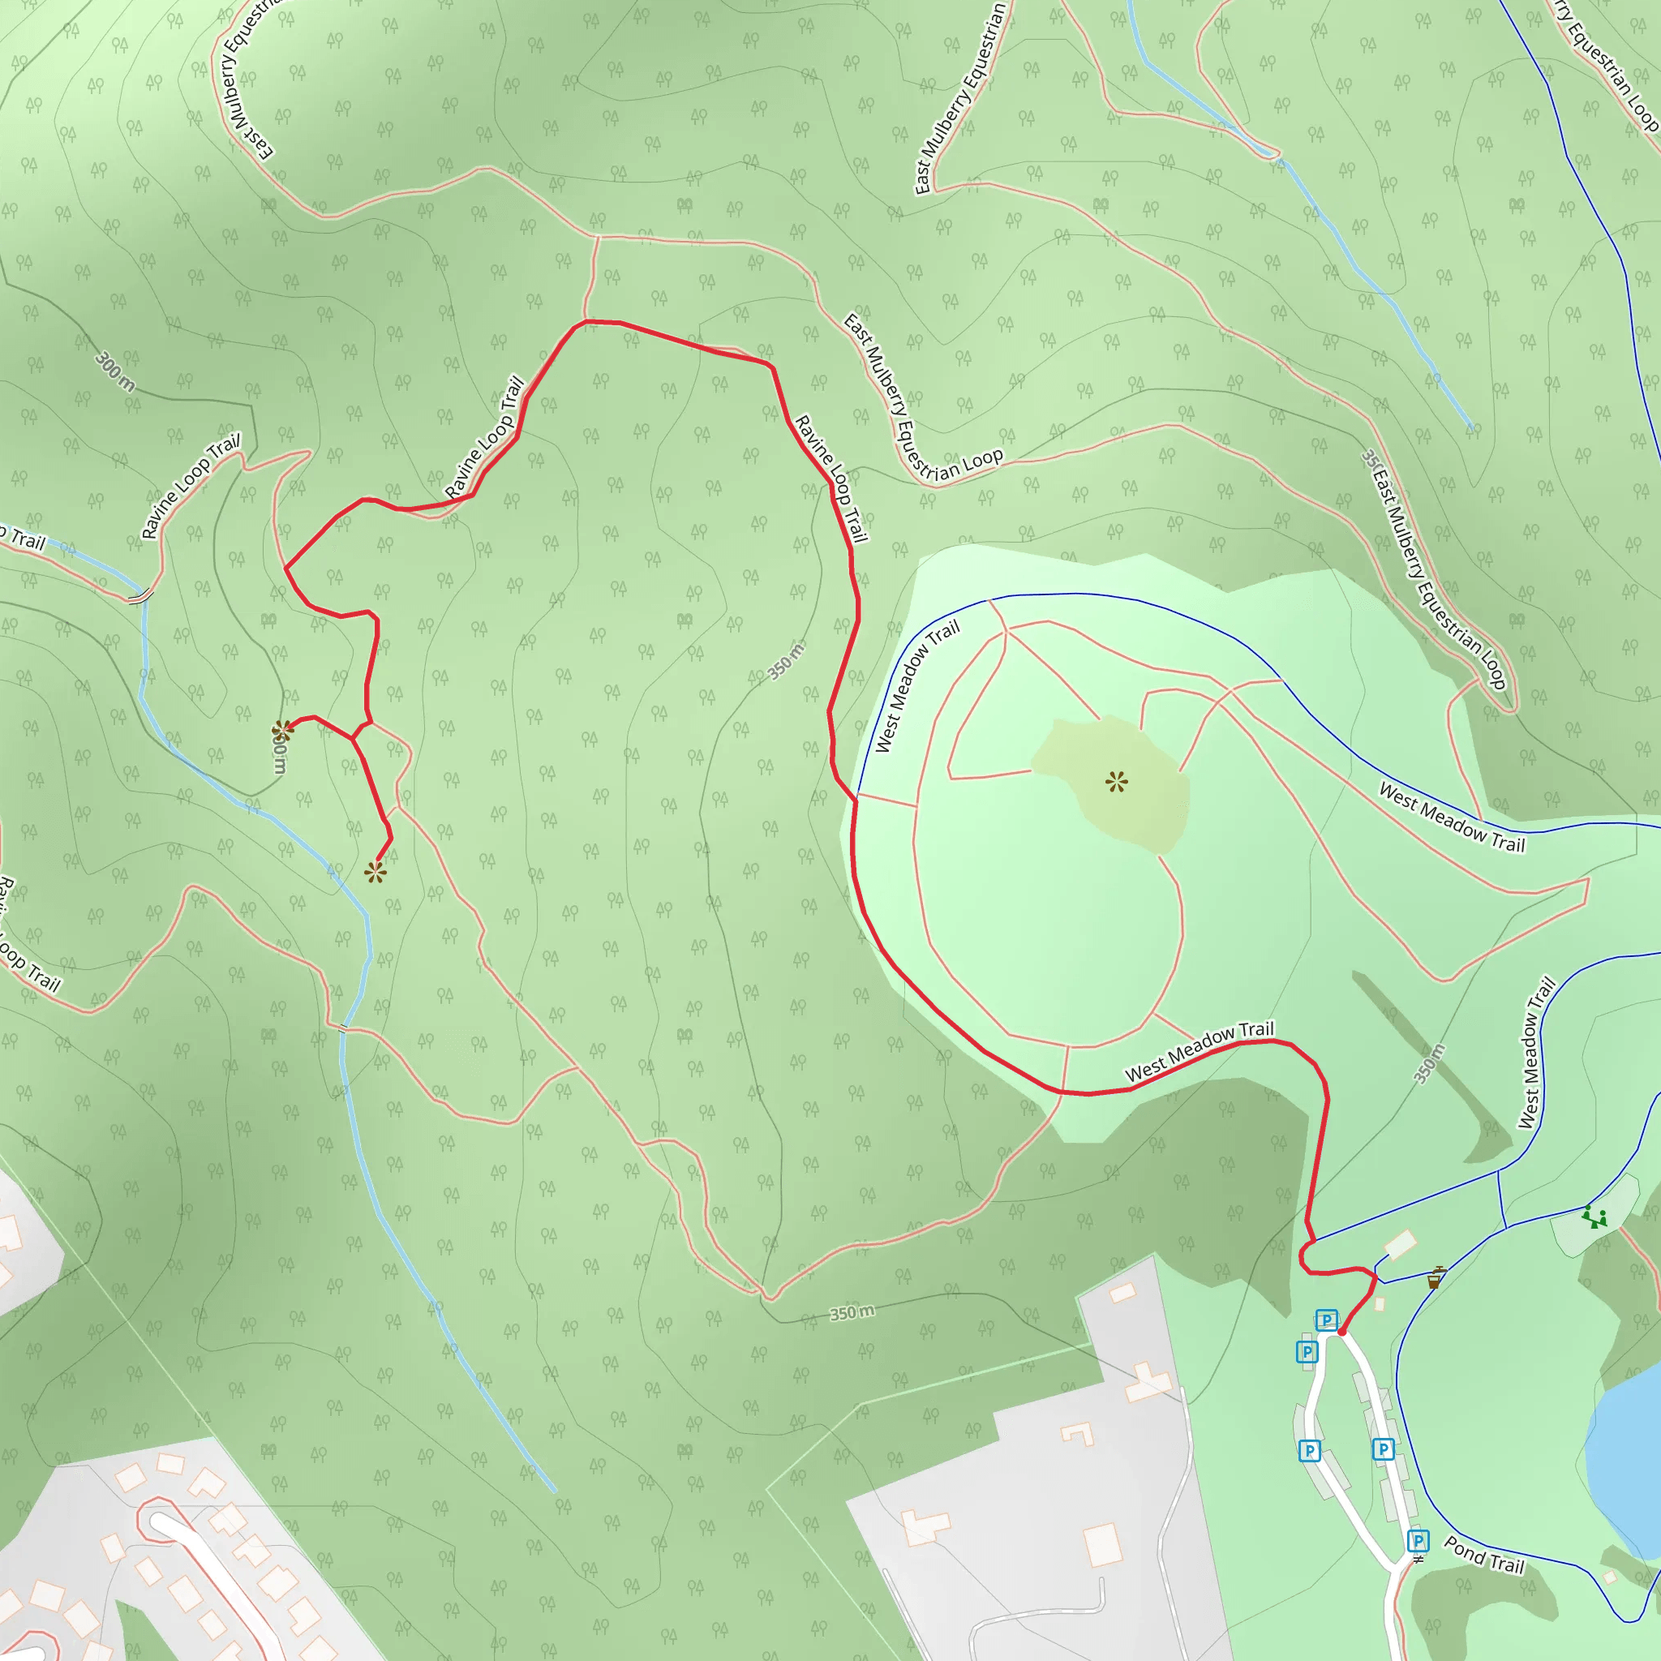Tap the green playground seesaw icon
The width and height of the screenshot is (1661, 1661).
(1594, 1217)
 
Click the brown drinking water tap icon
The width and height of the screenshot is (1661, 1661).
(1433, 1277)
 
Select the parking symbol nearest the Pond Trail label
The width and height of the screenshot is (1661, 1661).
(1419, 1540)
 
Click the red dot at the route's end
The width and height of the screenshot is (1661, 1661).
(1341, 1332)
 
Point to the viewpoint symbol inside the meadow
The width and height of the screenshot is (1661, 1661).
(1116, 782)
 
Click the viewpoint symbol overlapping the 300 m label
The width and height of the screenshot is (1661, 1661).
(282, 731)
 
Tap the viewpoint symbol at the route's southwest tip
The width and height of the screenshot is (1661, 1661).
(375, 873)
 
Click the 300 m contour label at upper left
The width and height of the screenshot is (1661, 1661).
(115, 371)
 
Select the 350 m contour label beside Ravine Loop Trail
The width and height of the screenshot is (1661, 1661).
(786, 661)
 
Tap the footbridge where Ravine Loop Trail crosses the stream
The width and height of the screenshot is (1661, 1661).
(140, 595)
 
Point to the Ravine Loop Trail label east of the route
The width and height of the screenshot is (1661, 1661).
(830, 478)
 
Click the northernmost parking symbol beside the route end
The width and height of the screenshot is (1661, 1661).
(1327, 1320)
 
